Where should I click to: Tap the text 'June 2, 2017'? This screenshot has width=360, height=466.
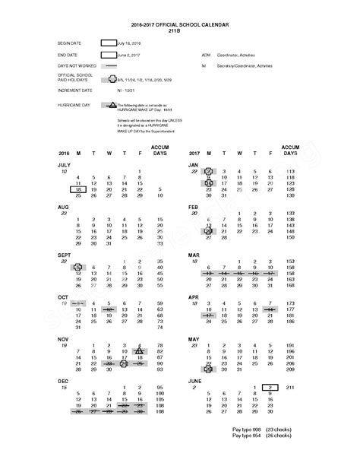pyautogui.click(x=129, y=55)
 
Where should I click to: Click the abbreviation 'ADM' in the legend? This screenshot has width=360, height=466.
pyautogui.click(x=205, y=55)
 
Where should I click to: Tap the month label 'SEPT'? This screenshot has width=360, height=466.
pyautogui.click(x=65, y=255)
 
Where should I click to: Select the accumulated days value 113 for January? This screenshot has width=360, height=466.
pyautogui.click(x=289, y=172)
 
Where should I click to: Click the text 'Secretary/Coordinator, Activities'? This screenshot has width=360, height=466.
pyautogui.click(x=242, y=66)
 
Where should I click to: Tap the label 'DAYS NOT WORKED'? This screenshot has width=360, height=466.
pyautogui.click(x=74, y=66)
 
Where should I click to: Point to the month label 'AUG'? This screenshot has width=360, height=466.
pyautogui.click(x=64, y=207)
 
